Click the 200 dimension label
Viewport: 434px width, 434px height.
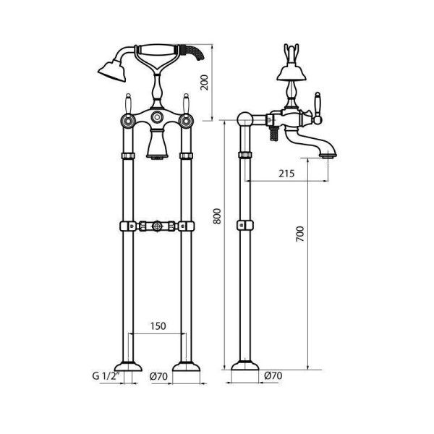pos(205,82)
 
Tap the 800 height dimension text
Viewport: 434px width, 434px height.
pos(217,216)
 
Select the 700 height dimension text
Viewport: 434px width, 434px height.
pos(300,234)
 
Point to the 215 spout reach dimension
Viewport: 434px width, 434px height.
pos(286,174)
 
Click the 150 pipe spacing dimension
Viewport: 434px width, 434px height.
pos(158,326)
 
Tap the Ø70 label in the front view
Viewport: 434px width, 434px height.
pos(158,376)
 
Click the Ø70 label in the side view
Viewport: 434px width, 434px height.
pos(273,375)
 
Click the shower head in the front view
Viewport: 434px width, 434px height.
pos(112,71)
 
